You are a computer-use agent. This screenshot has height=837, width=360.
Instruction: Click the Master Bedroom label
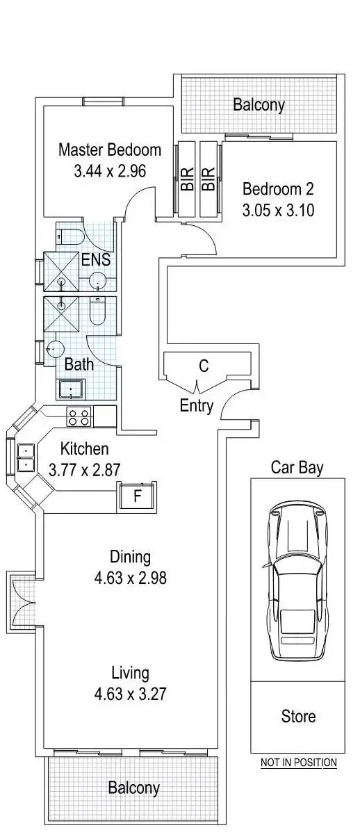(x=110, y=149)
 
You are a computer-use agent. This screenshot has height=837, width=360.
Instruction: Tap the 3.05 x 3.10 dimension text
(x=278, y=209)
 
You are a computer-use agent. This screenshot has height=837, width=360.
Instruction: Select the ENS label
(x=96, y=261)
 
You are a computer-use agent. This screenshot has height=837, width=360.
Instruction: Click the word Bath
(x=76, y=364)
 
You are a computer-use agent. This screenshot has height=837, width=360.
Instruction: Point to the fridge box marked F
(x=137, y=496)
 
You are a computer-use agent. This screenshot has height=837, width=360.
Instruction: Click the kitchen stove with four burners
(x=79, y=417)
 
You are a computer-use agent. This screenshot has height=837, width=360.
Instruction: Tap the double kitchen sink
(x=26, y=457)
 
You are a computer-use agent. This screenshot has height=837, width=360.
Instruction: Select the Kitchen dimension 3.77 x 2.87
(x=85, y=470)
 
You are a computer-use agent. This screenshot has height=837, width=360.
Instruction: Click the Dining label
(x=130, y=557)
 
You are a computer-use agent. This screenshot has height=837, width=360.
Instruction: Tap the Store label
(x=298, y=716)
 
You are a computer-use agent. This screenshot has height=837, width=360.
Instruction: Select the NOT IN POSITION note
(x=298, y=763)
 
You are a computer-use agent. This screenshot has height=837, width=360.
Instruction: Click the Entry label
(x=197, y=406)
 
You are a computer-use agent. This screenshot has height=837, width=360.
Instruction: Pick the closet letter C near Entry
(x=204, y=366)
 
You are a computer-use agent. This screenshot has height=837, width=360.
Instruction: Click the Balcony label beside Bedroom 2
(x=259, y=105)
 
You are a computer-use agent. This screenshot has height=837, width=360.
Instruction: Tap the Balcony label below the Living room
(x=133, y=788)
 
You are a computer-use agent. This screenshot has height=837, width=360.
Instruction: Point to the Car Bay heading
(x=297, y=467)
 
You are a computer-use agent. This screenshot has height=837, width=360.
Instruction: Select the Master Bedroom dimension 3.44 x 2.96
(x=110, y=170)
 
